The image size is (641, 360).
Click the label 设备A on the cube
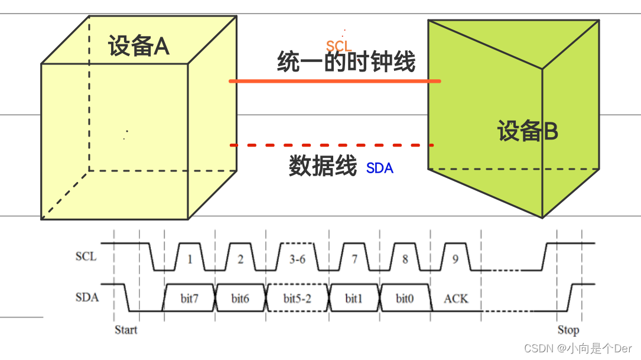pyautogui.click(x=139, y=46)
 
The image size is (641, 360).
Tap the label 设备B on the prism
pyautogui.click(x=527, y=131)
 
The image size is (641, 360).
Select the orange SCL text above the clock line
pyautogui.click(x=339, y=46)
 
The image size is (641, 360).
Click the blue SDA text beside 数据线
pyautogui.click(x=380, y=168)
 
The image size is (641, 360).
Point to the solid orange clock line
pyautogui.click(x=334, y=81)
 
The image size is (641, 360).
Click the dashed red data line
pyautogui.click(x=331, y=145)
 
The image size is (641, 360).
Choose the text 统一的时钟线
pyautogui.click(x=346, y=62)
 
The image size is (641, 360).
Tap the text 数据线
pyautogui.click(x=323, y=167)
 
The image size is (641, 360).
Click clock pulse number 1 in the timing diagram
pyautogui.click(x=190, y=259)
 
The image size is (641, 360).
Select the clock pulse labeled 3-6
pyautogui.click(x=298, y=259)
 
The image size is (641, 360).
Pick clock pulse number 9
pyautogui.click(x=455, y=259)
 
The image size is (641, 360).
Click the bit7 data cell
pyautogui.click(x=190, y=299)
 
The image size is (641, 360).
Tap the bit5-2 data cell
pyautogui.click(x=297, y=299)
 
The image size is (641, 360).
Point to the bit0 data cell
pyautogui.click(x=405, y=299)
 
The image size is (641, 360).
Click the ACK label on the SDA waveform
pyautogui.click(x=455, y=299)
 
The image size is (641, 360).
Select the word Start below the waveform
pyautogui.click(x=126, y=330)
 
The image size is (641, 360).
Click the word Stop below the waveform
pyautogui.click(x=568, y=330)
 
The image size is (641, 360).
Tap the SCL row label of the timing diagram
pyautogui.click(x=86, y=257)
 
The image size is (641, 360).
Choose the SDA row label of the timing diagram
pyautogui.click(x=87, y=297)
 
